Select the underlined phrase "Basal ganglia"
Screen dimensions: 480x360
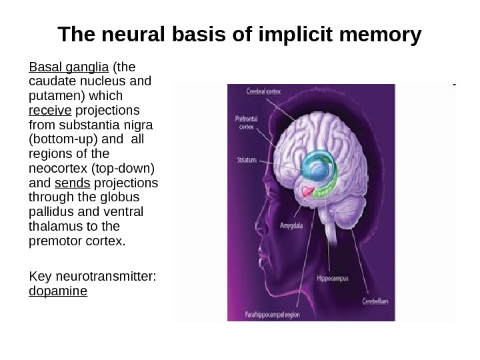click(69, 67)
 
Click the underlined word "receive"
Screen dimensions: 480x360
click(50, 109)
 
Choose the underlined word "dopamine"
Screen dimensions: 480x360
click(58, 292)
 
